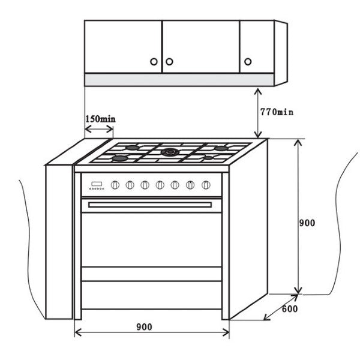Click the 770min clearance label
(277, 112)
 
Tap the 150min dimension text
(100, 119)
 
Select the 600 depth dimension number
(290, 309)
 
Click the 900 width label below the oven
(144, 327)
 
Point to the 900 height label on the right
(307, 223)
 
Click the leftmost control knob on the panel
(115, 185)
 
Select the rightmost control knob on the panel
(206, 185)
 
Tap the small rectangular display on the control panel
(97, 184)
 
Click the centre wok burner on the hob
(170, 152)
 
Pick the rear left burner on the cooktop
(132, 148)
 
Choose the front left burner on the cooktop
(120, 158)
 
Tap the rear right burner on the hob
(221, 148)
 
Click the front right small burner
(208, 158)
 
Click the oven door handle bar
(150, 205)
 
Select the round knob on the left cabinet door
(154, 62)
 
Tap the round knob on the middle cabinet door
(169, 62)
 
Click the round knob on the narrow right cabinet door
(248, 62)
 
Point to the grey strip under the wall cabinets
(179, 80)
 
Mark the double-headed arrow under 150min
(99, 129)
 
